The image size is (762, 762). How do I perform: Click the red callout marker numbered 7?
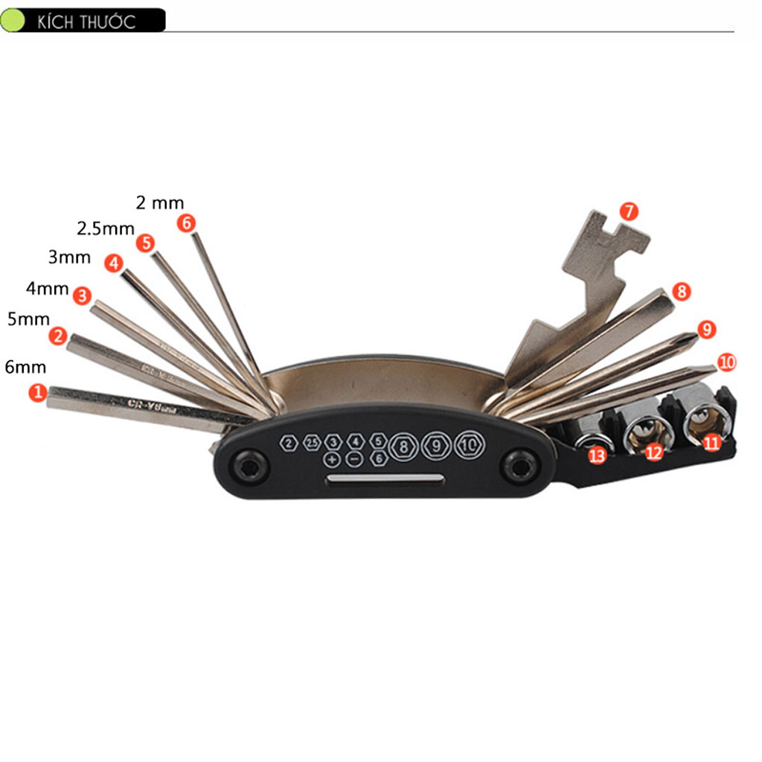pyautogui.click(x=629, y=211)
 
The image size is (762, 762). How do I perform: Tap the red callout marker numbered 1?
pyautogui.click(x=37, y=392)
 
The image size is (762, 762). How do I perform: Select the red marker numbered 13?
pyautogui.click(x=597, y=456)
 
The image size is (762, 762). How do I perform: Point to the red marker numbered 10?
pyautogui.click(x=727, y=362)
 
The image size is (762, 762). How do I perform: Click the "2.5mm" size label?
pyautogui.click(x=106, y=228)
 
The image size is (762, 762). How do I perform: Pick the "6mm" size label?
pyautogui.click(x=25, y=367)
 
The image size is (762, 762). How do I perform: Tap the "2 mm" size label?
pyautogui.click(x=159, y=202)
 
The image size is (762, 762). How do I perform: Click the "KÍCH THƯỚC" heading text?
pyautogui.click(x=86, y=22)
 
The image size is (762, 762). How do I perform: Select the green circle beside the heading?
pyautogui.click(x=13, y=20)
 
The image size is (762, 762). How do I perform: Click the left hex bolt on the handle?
pyautogui.click(x=249, y=467)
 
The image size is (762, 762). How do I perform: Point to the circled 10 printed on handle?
pyautogui.click(x=468, y=445)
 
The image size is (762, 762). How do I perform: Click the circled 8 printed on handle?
pyautogui.click(x=403, y=446)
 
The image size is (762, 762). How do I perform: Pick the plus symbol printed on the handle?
pyautogui.click(x=332, y=460)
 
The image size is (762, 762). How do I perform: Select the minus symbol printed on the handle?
pyautogui.click(x=355, y=460)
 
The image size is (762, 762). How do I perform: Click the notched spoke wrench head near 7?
pyautogui.click(x=606, y=238)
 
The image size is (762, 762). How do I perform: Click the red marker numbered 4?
pyautogui.click(x=113, y=263)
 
